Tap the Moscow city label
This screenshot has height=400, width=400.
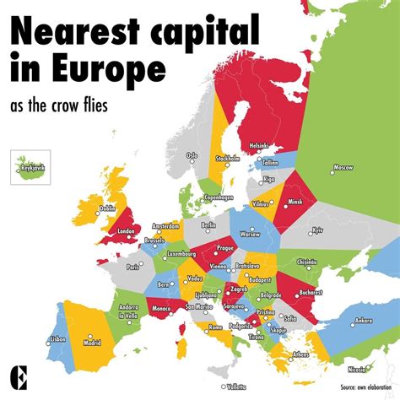pos(343,168)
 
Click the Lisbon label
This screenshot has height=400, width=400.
pos(57,338)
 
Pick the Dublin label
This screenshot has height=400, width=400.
pos(107,208)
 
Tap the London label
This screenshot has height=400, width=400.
pos(127,231)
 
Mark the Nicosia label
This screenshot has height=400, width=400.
pos(358,369)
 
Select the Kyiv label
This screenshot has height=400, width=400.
pos(317,230)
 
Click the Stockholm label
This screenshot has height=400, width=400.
pos(228,158)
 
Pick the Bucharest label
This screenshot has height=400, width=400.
pos(311,292)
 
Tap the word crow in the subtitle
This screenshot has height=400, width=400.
pos(92,108)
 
